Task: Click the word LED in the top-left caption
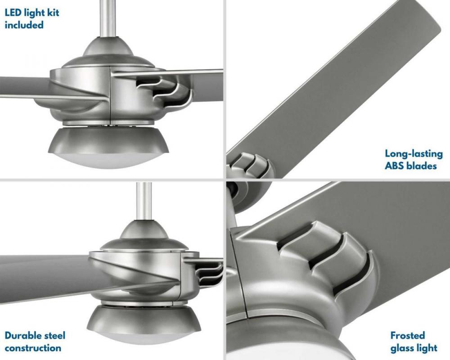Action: pos(13,13)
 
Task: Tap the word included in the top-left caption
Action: pos(24,25)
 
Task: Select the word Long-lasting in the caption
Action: pos(414,153)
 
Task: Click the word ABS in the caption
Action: pos(395,166)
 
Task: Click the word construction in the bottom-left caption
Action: pos(33,348)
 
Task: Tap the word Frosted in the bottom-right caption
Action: pos(408,335)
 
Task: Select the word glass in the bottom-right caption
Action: pos(403,348)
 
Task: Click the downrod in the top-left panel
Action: pos(109,18)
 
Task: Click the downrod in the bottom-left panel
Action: pos(144,201)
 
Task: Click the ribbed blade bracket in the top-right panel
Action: pos(249,166)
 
